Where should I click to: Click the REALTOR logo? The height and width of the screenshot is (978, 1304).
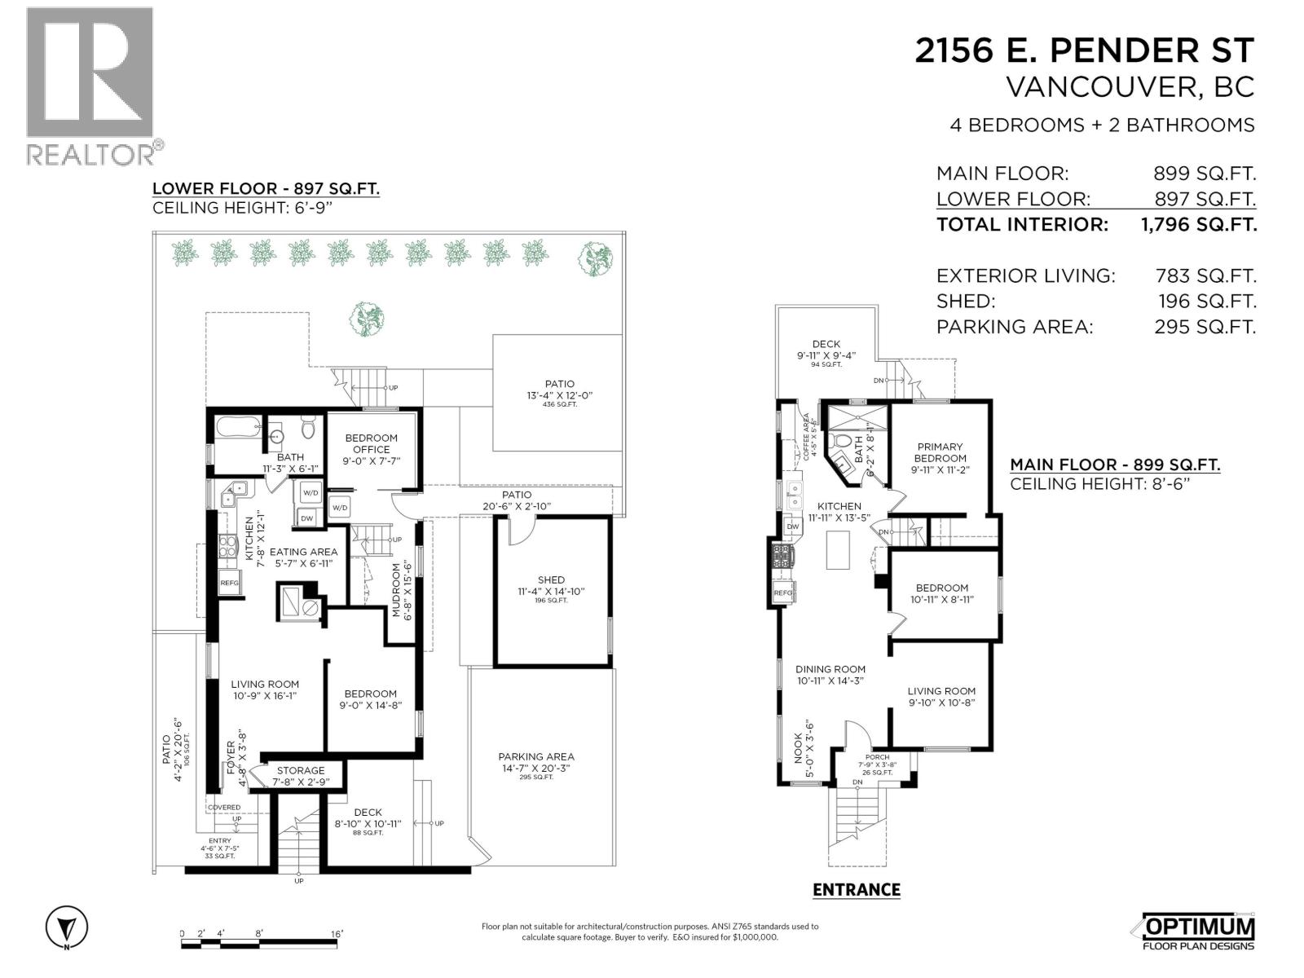(90, 85)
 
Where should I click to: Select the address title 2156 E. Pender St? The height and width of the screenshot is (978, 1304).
(1084, 51)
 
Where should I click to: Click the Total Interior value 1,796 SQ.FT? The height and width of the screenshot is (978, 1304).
(1199, 224)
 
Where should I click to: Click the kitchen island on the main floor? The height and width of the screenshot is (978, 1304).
(838, 549)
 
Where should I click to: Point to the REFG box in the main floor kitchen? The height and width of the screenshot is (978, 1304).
(782, 593)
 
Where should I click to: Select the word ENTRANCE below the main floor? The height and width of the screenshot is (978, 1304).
(856, 890)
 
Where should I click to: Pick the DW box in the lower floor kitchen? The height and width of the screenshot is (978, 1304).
(306, 518)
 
